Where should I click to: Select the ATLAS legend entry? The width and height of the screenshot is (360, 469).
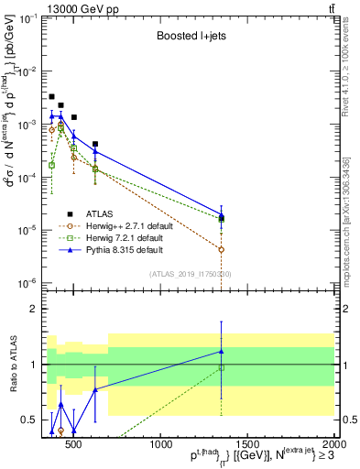[101, 214]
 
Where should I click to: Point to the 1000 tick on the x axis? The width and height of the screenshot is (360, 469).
[160, 444]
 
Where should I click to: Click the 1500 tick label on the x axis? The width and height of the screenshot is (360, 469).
[247, 444]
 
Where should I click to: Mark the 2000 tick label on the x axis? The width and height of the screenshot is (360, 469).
[333, 444]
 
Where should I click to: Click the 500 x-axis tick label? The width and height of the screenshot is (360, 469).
[74, 444]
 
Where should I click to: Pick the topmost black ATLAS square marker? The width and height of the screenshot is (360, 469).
[51, 96]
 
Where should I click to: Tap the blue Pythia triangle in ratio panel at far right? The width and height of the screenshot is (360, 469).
[221, 351]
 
